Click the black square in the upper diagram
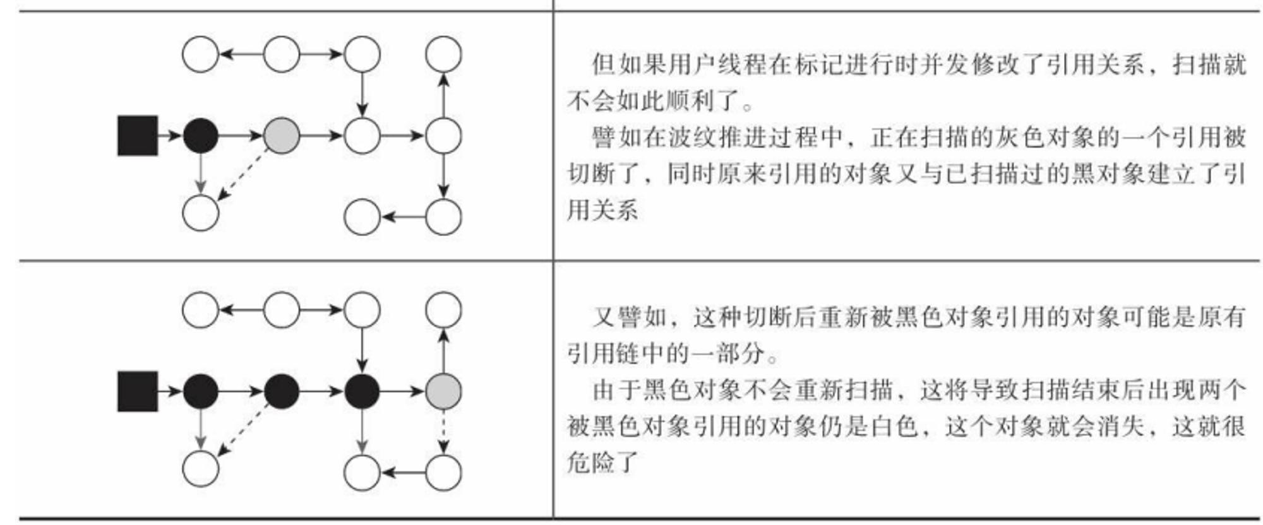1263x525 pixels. (138, 136)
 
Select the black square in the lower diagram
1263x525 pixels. (138, 391)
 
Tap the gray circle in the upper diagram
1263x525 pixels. (281, 136)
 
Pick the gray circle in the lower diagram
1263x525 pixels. (443, 391)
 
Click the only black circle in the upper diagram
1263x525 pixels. (201, 136)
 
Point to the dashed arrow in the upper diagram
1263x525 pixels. (242, 175)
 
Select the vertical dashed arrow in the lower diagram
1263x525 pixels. (443, 432)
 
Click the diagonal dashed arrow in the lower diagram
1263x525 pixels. (242, 430)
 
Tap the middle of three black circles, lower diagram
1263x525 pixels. (281, 391)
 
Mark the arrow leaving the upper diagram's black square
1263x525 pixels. (170, 136)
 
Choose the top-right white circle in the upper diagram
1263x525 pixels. (443, 54)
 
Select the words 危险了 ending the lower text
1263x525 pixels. (603, 463)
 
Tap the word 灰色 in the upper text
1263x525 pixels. (1020, 137)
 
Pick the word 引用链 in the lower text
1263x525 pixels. (603, 353)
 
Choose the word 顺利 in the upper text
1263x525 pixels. (691, 100)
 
